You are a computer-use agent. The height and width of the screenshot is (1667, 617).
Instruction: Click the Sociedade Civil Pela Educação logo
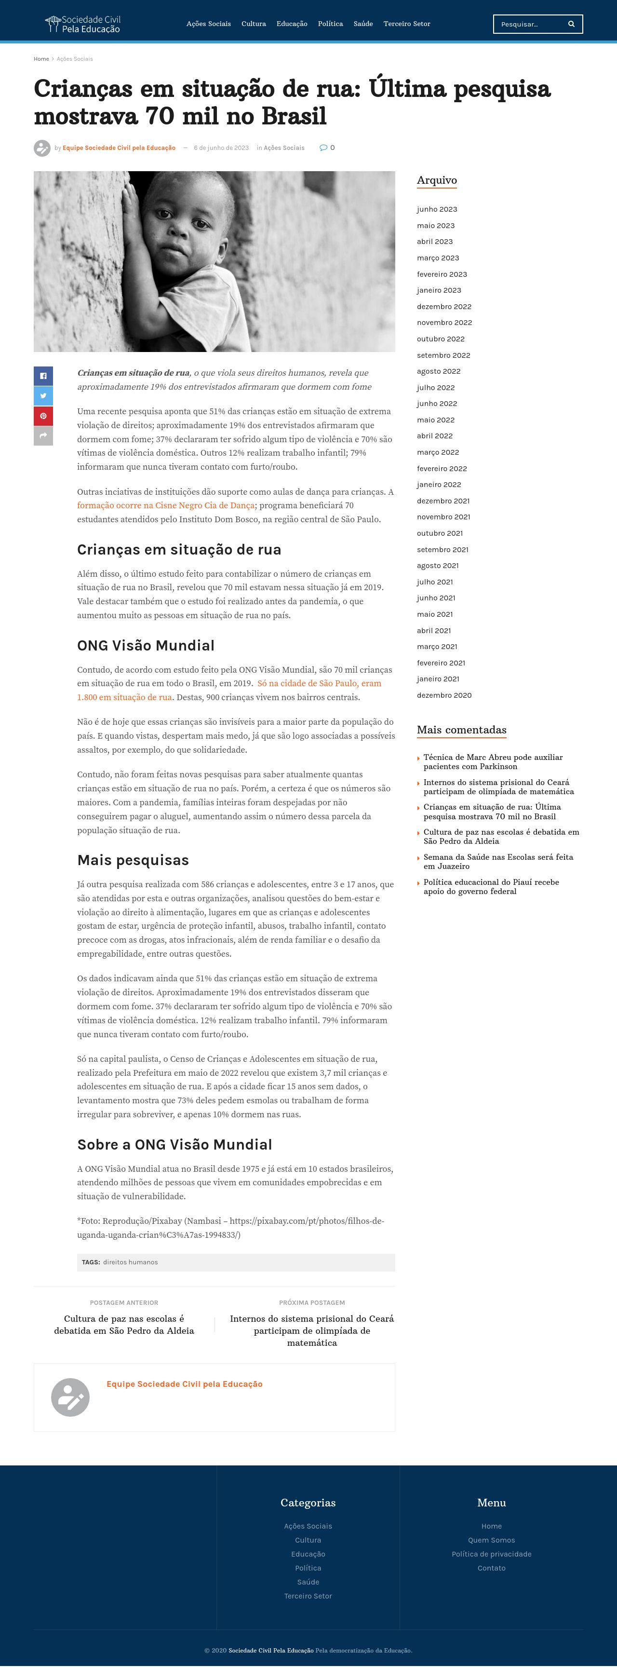coord(83,24)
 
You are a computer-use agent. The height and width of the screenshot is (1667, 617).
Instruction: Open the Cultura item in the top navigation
coord(254,24)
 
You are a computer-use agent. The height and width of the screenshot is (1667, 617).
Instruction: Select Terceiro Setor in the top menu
coord(406,24)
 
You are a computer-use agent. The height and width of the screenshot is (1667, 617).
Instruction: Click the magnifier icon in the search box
coord(571,24)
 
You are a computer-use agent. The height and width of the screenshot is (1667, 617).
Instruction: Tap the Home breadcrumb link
coord(41,59)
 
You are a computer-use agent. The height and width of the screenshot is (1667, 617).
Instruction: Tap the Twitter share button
coord(43,396)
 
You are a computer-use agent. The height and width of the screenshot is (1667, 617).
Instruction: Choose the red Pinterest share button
coord(43,416)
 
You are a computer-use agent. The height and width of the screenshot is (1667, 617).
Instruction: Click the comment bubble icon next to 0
coord(323,148)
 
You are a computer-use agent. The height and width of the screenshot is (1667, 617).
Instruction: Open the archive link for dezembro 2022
coord(443,307)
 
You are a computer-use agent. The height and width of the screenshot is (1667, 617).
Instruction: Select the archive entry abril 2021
coord(433,630)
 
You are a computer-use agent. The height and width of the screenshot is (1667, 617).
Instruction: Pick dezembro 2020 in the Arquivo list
coord(443,695)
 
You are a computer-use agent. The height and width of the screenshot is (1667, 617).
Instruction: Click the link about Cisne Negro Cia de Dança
coord(165,505)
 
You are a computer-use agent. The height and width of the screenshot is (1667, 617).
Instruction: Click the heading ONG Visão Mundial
coord(146,645)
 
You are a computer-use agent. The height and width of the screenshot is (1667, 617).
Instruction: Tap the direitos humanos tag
coord(130,1262)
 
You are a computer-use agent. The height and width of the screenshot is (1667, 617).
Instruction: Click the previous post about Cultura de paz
coord(124,1325)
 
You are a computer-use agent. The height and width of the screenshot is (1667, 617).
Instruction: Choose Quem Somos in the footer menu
coord(492,1540)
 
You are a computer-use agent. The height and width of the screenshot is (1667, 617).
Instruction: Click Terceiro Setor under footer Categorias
coord(308,1596)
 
